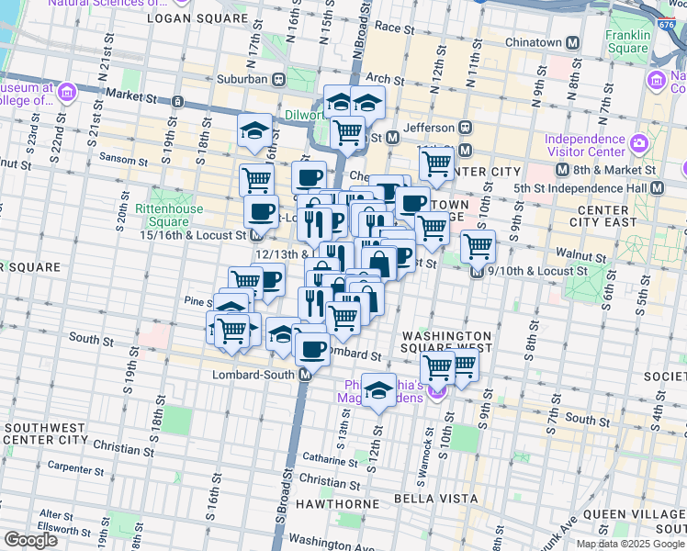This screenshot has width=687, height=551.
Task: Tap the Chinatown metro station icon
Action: [x=573, y=42]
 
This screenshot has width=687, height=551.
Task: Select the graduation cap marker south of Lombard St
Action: [x=377, y=389]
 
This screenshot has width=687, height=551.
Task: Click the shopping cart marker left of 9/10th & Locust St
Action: [x=478, y=245]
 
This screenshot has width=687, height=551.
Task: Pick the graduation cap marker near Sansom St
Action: [x=254, y=130]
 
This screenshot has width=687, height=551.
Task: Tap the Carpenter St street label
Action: [x=80, y=467]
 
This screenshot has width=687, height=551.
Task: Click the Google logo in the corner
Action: [x=30, y=540]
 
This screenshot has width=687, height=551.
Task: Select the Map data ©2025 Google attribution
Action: [x=629, y=544]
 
